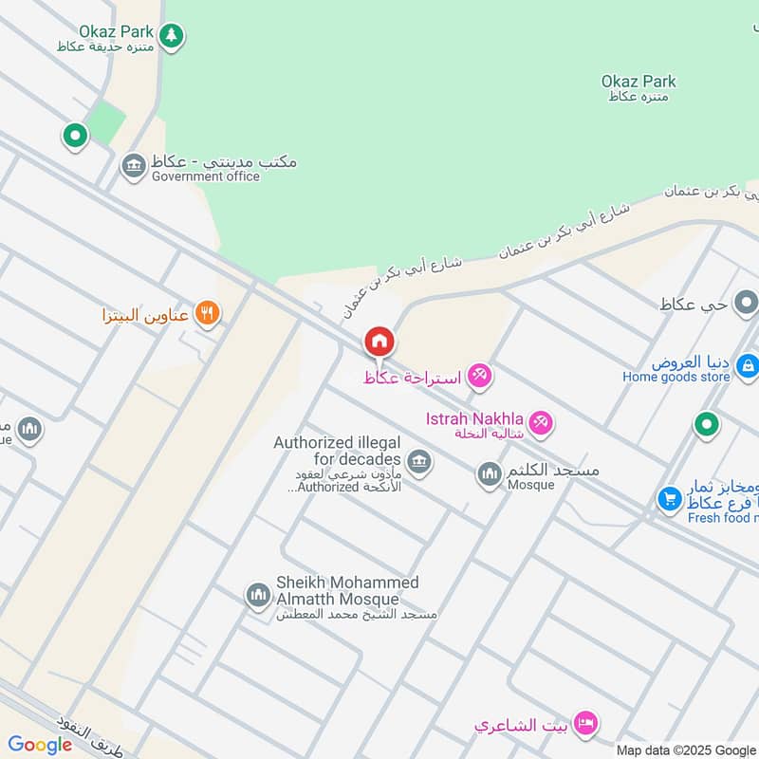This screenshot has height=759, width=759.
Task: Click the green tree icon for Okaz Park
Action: pyautogui.click(x=171, y=37)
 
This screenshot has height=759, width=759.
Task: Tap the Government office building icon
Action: pyautogui.click(x=134, y=168)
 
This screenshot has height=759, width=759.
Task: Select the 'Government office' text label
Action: pyautogui.click(x=205, y=176)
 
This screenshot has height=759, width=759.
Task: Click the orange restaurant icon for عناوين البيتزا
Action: pyautogui.click(x=207, y=313)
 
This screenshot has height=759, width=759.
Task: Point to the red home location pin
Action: pyautogui.click(x=379, y=342)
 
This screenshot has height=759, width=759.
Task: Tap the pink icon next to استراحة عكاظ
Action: pyautogui.click(x=480, y=377)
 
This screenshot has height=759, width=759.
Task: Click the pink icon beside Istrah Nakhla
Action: pyautogui.click(x=541, y=422)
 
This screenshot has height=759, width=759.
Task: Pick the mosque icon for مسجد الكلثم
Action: pyautogui.click(x=490, y=472)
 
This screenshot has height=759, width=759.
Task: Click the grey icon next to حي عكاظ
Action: pyautogui.click(x=747, y=305)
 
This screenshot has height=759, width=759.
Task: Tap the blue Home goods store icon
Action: pyautogui.click(x=748, y=364)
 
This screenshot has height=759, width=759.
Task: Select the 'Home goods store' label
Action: pyautogui.click(x=676, y=378)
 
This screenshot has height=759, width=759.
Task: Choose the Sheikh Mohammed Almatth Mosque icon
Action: pyautogui.click(x=257, y=595)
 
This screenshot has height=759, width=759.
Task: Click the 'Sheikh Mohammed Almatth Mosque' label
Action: pyautogui.click(x=346, y=591)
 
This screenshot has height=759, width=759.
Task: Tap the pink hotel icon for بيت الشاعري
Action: pyautogui.click(x=586, y=726)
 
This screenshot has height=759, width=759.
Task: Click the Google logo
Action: pyautogui.click(x=40, y=745)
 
